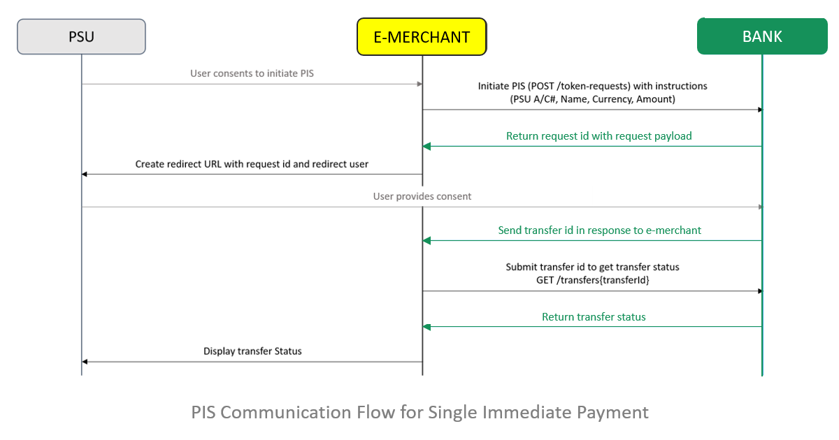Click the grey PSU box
(81, 36)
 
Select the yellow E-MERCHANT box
(422, 36)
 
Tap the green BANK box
(762, 36)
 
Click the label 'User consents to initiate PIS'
(252, 73)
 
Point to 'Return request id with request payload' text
(599, 135)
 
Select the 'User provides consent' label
(422, 196)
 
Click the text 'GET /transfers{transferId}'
(593, 280)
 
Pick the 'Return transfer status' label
(594, 317)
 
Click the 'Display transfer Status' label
(252, 351)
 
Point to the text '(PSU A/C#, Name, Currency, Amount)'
(593, 99)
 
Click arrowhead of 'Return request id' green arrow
(426, 146)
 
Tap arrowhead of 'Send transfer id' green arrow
(426, 240)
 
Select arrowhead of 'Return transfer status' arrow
(426, 327)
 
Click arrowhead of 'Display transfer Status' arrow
(85, 362)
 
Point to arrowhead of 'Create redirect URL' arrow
(85, 175)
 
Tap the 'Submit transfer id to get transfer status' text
(593, 267)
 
